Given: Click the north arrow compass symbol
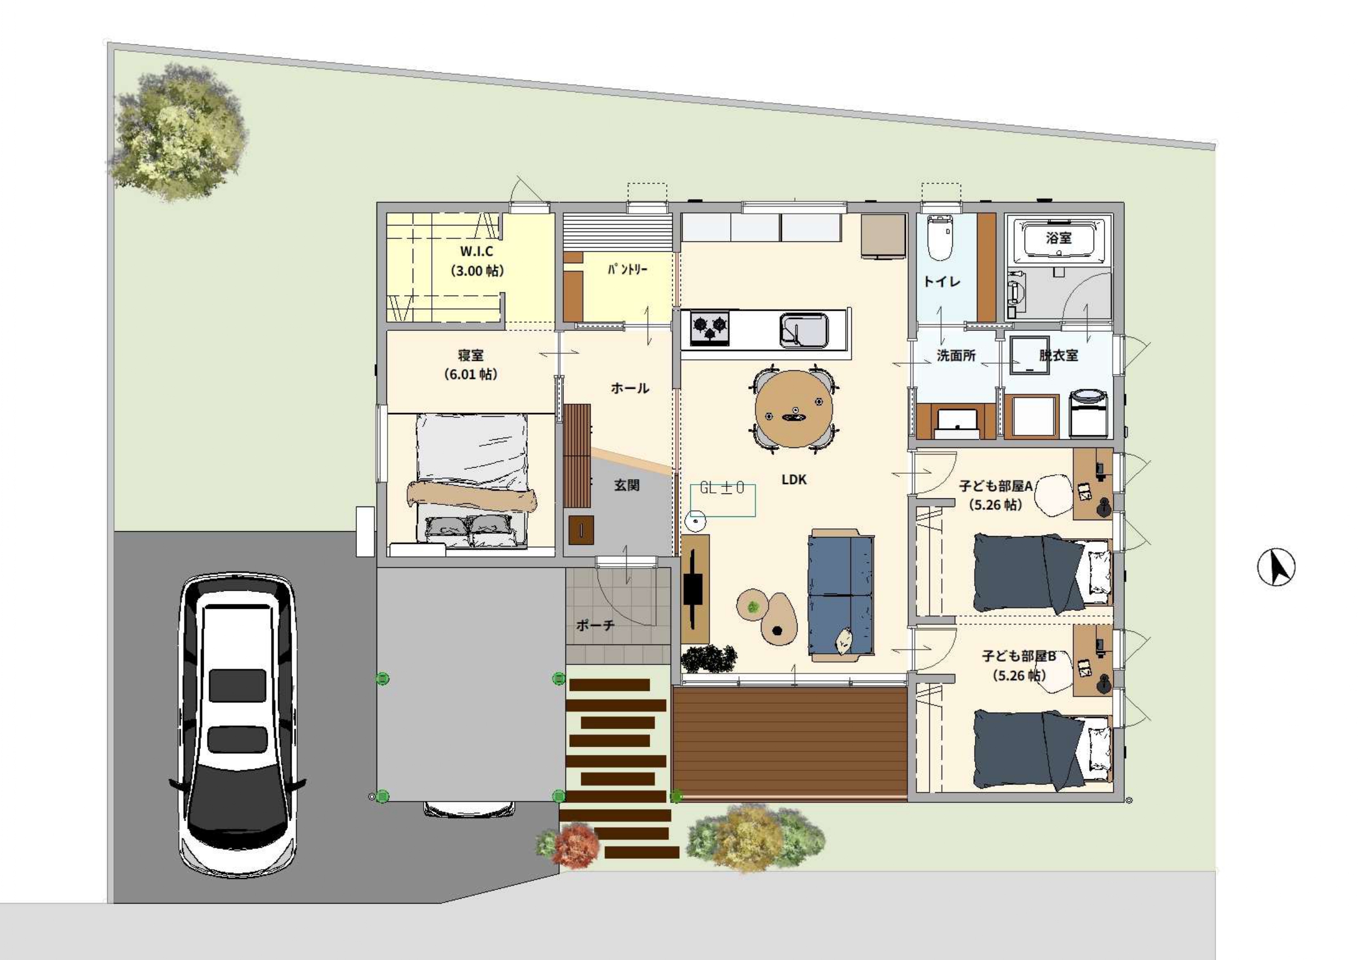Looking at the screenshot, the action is pyautogui.click(x=1276, y=567).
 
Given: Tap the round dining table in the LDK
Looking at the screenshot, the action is pyautogui.click(x=794, y=409).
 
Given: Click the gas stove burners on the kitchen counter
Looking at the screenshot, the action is pyautogui.click(x=710, y=328).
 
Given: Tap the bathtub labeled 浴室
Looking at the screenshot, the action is pyautogui.click(x=1059, y=239).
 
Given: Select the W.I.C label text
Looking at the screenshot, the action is pyautogui.click(x=477, y=251).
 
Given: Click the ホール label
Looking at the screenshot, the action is pyautogui.click(x=630, y=388).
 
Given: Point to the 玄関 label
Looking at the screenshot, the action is pyautogui.click(x=627, y=485).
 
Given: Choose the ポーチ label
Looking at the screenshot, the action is pyautogui.click(x=596, y=625).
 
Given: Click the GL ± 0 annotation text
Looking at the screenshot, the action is pyautogui.click(x=721, y=488).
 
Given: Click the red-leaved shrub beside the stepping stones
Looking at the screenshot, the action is pyautogui.click(x=571, y=848).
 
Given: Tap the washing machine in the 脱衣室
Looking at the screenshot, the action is pyautogui.click(x=1088, y=412).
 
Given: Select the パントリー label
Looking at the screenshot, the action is pyautogui.click(x=627, y=270).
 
